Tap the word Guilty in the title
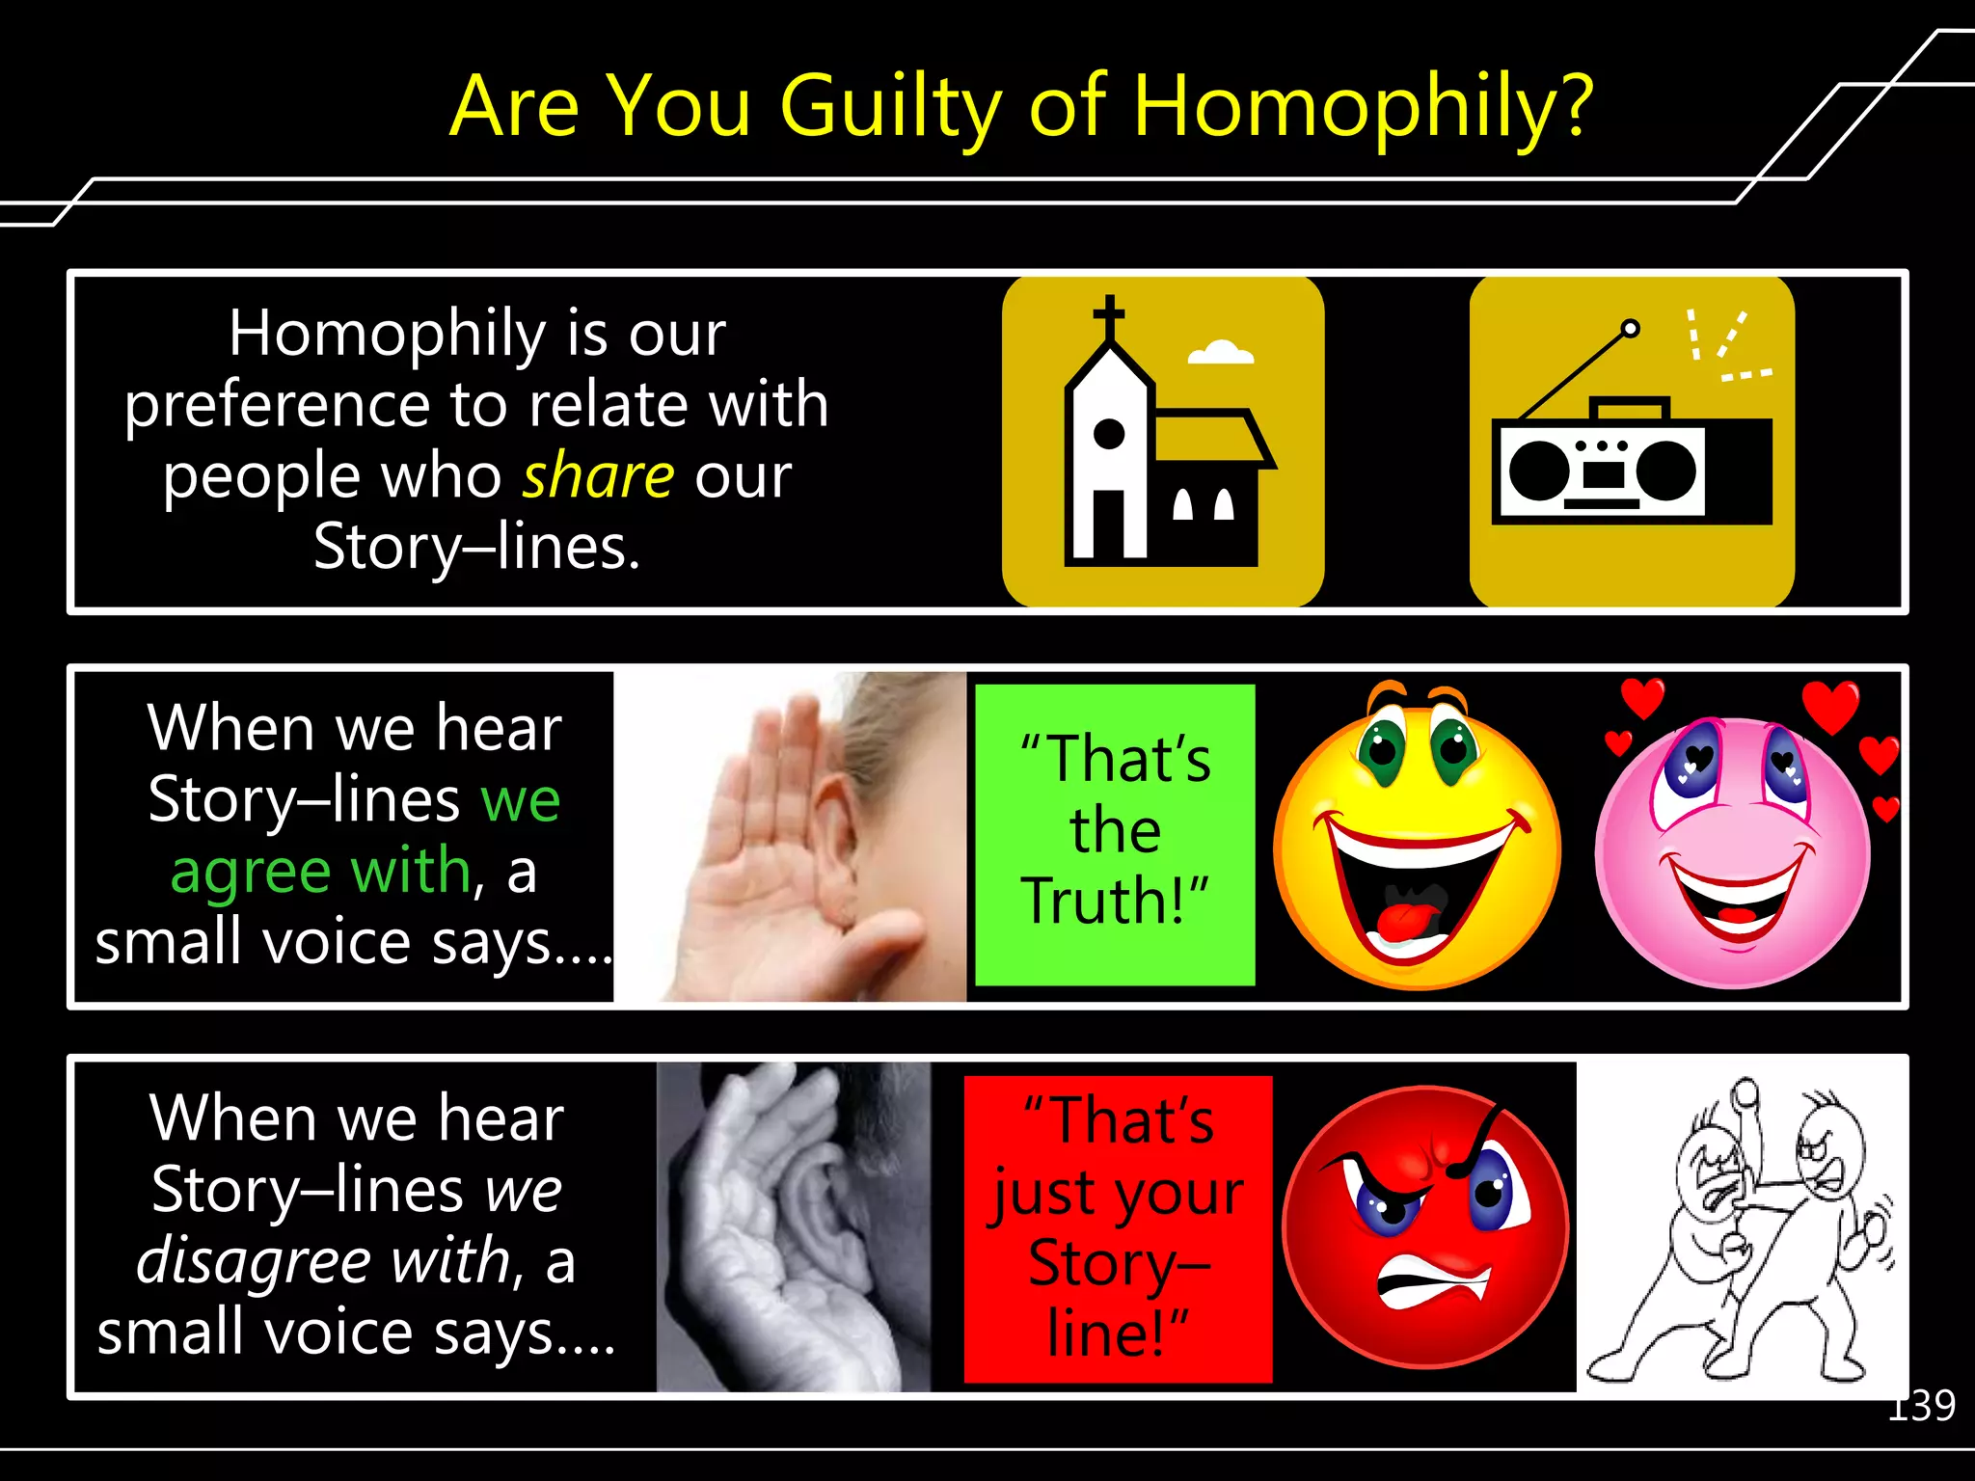pos(891,108)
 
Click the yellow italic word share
pos(598,475)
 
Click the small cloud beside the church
pos(1221,353)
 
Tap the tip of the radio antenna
pos(1630,329)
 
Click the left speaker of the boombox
pos(1540,471)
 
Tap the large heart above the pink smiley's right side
pos(1830,705)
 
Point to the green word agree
pos(252,871)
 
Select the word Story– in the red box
pos(1119,1263)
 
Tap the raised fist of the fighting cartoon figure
pos(1746,1095)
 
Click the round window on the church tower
pos(1109,434)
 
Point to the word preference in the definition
pos(274,405)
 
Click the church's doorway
pos(1108,525)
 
